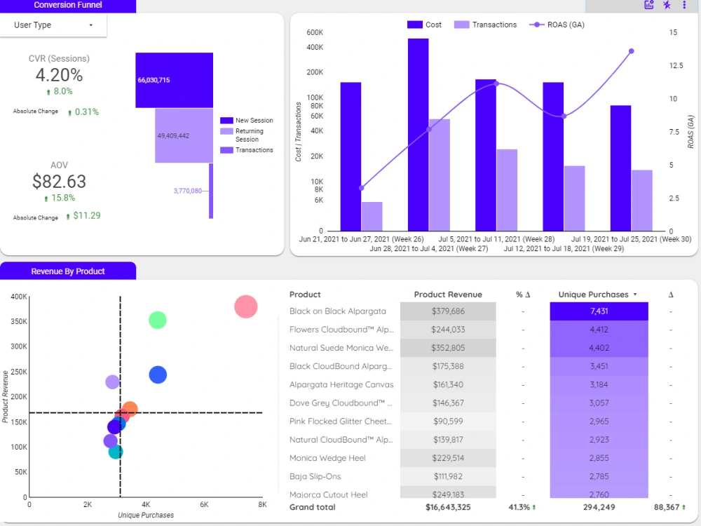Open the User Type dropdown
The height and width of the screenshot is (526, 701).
coord(54,25)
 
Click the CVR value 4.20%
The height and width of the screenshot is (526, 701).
coord(59,75)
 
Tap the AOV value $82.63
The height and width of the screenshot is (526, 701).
coord(59,182)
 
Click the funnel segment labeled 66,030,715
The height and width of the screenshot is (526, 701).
coord(174,80)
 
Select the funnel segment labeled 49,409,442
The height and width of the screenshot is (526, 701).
coord(184,135)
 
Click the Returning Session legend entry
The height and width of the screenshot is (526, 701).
coord(249,135)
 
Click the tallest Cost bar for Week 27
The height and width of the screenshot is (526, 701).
coord(418,133)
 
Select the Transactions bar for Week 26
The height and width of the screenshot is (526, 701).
coord(372,216)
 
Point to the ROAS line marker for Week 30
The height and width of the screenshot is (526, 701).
coord(631,51)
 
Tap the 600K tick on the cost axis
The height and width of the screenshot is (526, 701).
coord(315,33)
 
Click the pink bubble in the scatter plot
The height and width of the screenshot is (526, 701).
coord(245,306)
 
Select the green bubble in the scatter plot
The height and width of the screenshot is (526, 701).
coord(158,320)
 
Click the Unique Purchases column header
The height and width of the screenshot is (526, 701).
coord(592,295)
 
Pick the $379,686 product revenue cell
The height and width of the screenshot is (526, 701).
coord(447,311)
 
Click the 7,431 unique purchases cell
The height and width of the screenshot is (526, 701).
coord(599,311)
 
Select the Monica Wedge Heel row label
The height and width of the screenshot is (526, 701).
coord(327,458)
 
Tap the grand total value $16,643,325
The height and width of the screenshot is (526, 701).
coord(448,507)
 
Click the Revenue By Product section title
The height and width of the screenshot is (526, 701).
coord(68,271)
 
